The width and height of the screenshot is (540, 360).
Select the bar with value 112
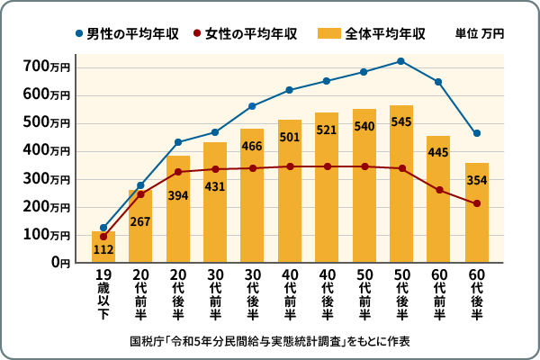103,247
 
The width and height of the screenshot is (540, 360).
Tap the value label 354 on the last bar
476,180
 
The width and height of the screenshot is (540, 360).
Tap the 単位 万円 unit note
480,34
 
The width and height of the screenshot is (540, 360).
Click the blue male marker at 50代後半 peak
401,61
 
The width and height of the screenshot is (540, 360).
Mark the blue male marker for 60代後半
476,133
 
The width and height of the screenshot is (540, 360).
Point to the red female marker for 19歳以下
103,237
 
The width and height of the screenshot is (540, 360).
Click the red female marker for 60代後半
476,203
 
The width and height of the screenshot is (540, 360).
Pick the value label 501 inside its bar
290,137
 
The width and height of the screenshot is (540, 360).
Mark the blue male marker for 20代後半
178,142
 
